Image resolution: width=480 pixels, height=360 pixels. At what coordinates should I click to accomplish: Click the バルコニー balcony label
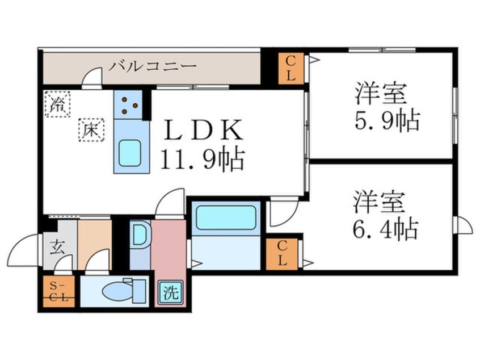click(153, 66)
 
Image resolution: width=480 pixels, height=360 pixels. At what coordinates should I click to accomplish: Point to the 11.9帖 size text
click(202, 160)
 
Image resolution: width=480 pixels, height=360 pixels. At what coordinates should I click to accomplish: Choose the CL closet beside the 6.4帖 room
click(281, 253)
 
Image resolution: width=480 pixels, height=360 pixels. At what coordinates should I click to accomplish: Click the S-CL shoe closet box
click(58, 291)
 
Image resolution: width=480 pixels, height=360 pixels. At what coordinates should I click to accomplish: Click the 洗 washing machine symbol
click(171, 293)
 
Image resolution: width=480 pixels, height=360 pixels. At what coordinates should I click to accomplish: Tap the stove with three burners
click(130, 104)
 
